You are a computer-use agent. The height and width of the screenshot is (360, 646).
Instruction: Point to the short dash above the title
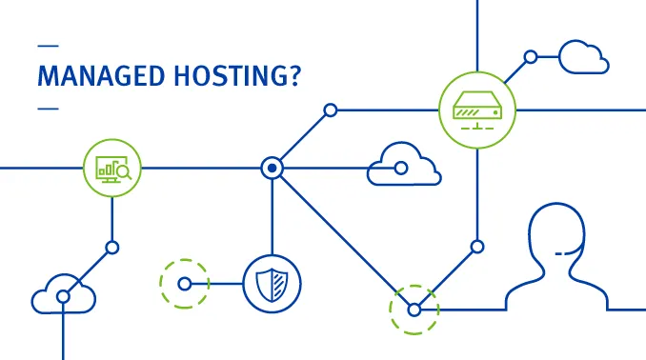47,45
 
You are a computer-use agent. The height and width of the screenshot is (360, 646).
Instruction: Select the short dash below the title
47,108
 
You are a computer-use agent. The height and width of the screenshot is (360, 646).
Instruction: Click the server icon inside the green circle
476,109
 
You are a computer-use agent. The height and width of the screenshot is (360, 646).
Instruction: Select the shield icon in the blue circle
272,283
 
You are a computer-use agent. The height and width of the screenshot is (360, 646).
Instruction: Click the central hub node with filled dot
273,169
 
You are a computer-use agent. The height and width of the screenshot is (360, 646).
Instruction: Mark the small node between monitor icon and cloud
112,248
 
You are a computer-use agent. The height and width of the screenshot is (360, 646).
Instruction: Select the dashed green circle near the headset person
414,310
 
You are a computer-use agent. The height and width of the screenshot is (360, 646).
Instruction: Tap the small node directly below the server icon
477,247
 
